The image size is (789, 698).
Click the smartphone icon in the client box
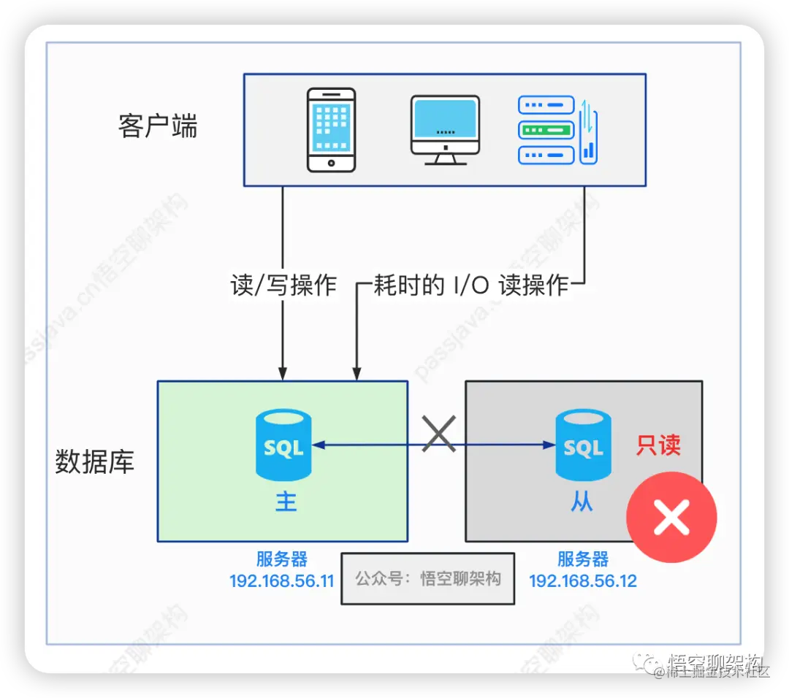pyautogui.click(x=331, y=129)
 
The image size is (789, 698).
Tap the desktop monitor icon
pyautogui.click(x=445, y=129)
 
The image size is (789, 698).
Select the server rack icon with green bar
pyautogui.click(x=546, y=130)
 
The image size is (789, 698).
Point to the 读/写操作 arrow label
pyautogui.click(x=283, y=285)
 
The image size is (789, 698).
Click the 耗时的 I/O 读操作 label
pyautogui.click(x=471, y=285)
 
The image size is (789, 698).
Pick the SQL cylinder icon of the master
pyautogui.click(x=283, y=445)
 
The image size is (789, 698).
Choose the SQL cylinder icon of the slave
pyautogui.click(x=582, y=445)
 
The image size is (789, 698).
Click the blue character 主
pyautogui.click(x=286, y=502)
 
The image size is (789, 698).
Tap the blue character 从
pyautogui.click(x=582, y=502)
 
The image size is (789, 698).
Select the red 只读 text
pyautogui.click(x=658, y=445)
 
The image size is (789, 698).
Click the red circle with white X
pyautogui.click(x=671, y=518)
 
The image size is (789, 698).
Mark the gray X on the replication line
pyautogui.click(x=439, y=434)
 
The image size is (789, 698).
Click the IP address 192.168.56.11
pyautogui.click(x=281, y=581)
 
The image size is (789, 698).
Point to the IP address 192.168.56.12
pyautogui.click(x=583, y=581)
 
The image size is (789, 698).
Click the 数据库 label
pyautogui.click(x=95, y=462)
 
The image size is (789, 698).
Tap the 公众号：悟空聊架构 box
pyautogui.click(x=428, y=579)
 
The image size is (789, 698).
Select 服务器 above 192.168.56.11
pyautogui.click(x=281, y=560)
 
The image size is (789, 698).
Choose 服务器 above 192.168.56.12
pyautogui.click(x=583, y=560)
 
